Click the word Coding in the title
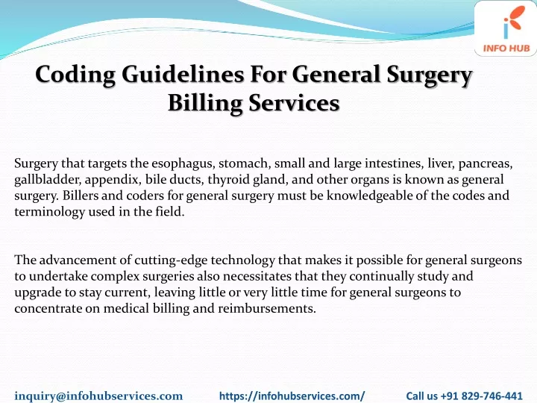75,75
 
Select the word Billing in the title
205,104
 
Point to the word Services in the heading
294,103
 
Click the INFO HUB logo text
506,49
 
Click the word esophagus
183,164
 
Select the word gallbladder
47,180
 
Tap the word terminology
49,212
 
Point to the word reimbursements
266,309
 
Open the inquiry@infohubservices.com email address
98,396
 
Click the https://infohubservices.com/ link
292,396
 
